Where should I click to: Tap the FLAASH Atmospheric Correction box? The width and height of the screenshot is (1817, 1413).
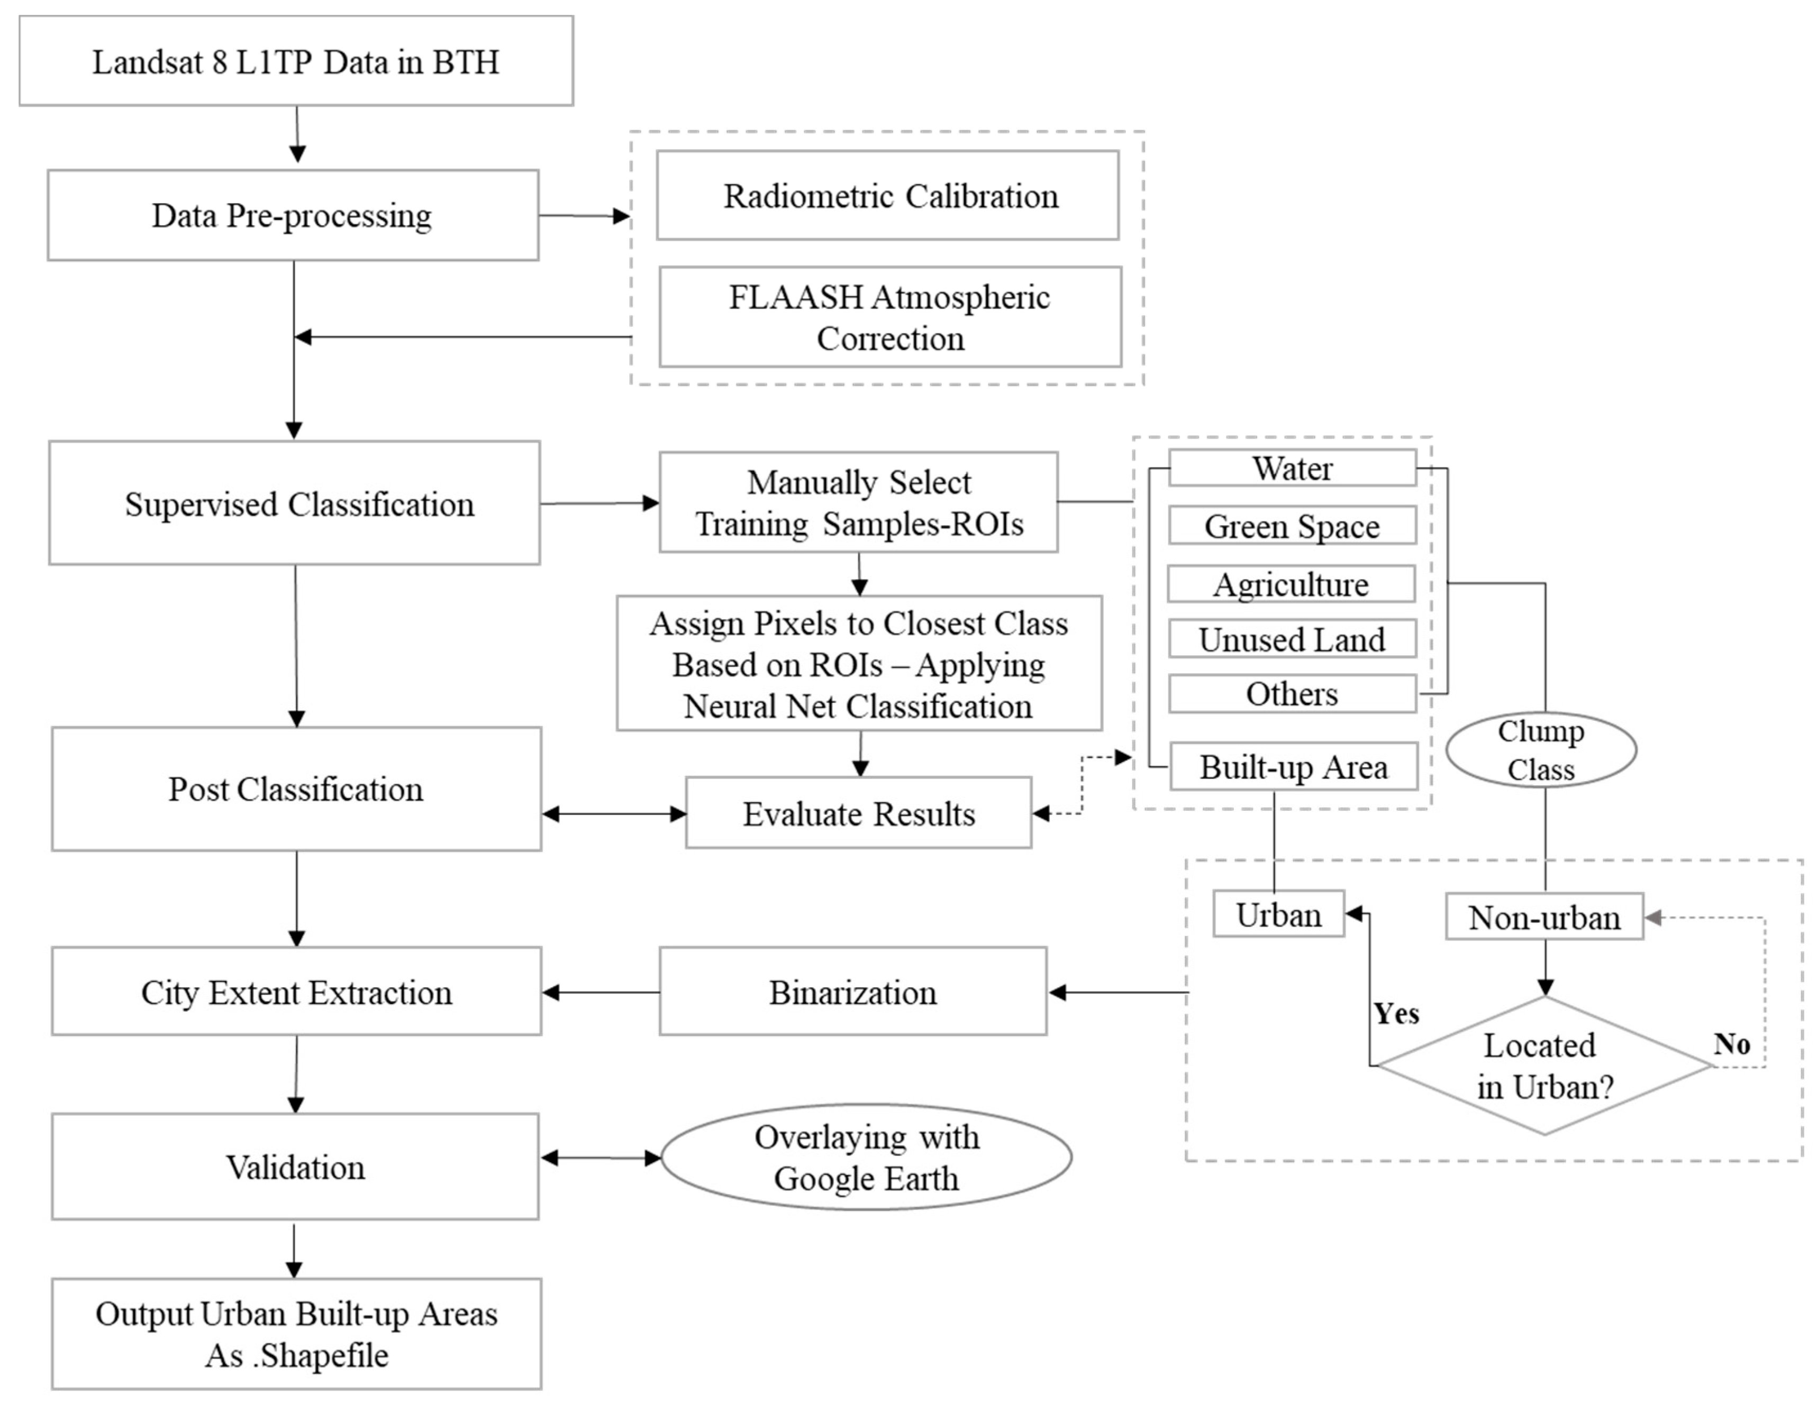[889, 317]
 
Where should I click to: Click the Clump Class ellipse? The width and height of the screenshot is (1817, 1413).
[1541, 749]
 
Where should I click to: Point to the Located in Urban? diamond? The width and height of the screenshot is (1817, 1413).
[1544, 1066]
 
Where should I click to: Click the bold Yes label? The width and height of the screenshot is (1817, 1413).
[1396, 1013]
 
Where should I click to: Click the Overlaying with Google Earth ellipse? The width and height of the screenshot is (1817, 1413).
[866, 1157]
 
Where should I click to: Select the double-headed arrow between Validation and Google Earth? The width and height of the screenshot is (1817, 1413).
[601, 1158]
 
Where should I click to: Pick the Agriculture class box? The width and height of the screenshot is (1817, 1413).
[1291, 584]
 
